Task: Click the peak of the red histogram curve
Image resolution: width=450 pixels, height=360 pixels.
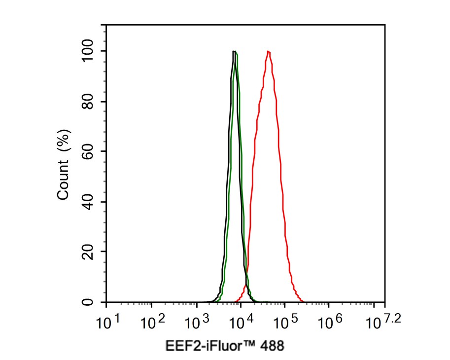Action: (268, 51)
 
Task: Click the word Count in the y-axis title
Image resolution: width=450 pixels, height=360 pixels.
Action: (63, 180)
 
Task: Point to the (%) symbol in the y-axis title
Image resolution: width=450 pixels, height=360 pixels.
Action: (63, 140)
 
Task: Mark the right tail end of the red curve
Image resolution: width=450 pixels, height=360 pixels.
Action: (302, 301)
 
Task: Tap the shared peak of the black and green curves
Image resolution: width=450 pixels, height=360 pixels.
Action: (235, 51)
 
